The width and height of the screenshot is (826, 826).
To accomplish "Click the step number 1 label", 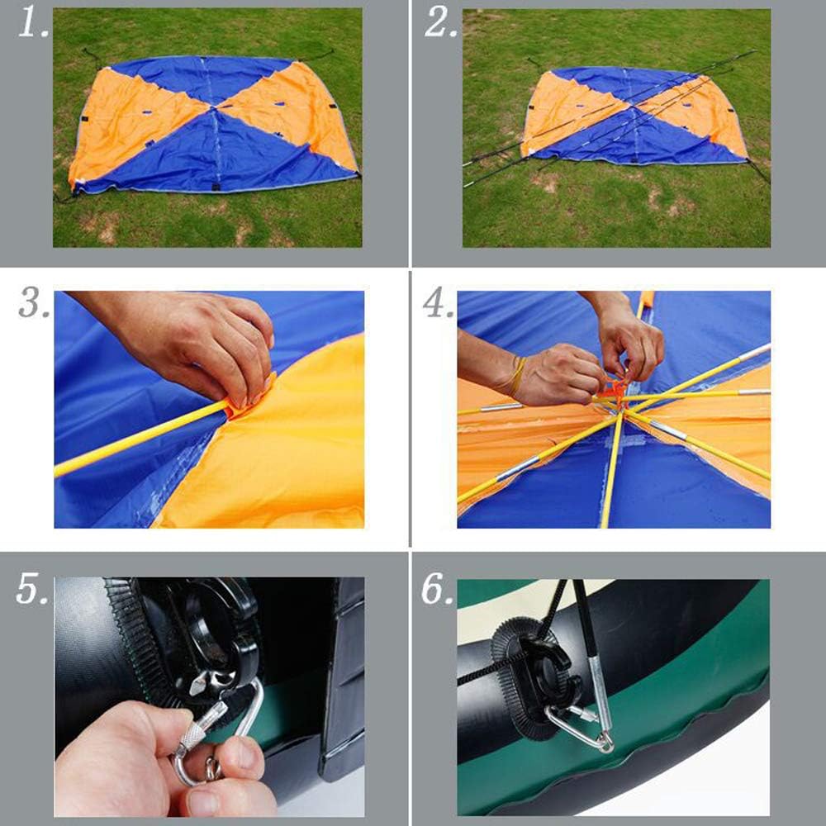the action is [33, 24].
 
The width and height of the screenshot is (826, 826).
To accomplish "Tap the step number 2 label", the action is [440, 24].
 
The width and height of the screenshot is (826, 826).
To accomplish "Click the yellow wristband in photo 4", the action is [516, 376].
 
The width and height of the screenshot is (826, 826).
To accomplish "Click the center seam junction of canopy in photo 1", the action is [214, 108].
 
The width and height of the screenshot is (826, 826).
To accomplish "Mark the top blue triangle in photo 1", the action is [203, 79].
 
